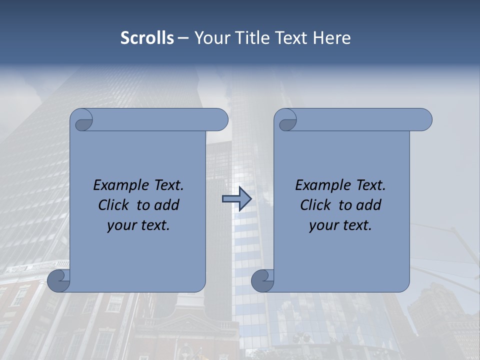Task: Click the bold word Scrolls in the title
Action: tap(147, 38)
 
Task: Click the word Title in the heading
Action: tap(256, 38)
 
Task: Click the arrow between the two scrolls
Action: tap(236, 199)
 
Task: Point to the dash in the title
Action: tap(183, 38)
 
